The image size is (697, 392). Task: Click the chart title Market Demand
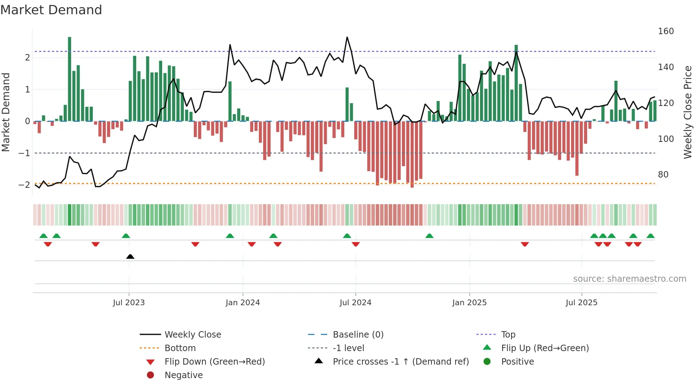click(51, 10)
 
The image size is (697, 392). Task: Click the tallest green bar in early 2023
click(70, 78)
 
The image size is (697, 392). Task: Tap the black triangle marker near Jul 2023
click(130, 256)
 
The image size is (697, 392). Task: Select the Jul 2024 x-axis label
click(355, 303)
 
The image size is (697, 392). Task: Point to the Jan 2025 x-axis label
click(469, 303)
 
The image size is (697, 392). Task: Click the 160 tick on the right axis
click(666, 31)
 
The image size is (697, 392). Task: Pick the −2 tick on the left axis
click(24, 185)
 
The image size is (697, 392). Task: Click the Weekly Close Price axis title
click(688, 112)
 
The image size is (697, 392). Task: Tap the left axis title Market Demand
click(6, 112)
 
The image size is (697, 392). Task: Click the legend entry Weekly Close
click(192, 335)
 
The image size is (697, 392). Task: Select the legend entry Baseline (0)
click(358, 335)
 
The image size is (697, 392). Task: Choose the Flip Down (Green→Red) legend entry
click(214, 362)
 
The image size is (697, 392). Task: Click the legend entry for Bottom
click(180, 348)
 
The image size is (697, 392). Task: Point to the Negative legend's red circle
click(150, 375)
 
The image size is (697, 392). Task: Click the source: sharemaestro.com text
click(629, 279)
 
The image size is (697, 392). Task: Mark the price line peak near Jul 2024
click(347, 37)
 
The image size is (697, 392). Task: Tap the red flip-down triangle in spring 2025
click(525, 244)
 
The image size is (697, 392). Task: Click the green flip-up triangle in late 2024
click(430, 236)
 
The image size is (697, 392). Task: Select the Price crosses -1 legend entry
click(400, 362)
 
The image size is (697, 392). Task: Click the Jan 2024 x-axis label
click(243, 303)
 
